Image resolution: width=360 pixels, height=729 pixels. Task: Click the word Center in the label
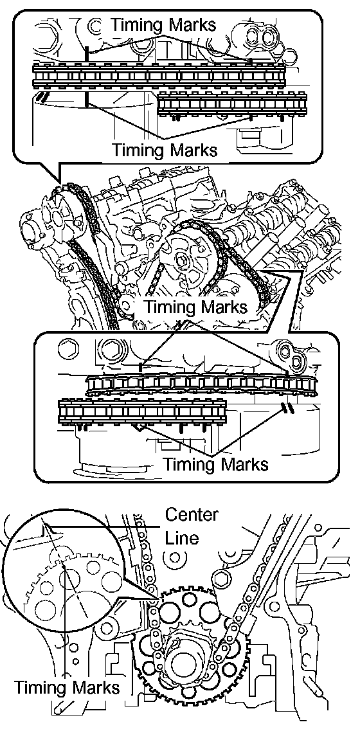coord(192,515)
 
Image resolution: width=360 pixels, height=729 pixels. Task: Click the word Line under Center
coord(182,538)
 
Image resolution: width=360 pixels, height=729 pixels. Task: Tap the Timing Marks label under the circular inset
coord(66,687)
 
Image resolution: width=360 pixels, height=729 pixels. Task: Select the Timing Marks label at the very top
coord(163,24)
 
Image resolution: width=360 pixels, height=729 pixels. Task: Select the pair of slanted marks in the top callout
coord(43,96)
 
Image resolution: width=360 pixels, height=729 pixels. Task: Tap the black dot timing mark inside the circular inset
coord(63,566)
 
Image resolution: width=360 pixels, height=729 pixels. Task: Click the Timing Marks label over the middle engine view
coord(195,307)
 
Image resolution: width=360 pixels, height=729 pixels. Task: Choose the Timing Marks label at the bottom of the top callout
coord(164,150)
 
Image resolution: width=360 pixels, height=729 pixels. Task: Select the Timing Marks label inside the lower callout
coord(216,464)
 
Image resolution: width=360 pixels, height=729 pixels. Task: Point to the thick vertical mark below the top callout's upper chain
coord(87,99)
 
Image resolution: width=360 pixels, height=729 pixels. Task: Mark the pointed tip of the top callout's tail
coord(60,182)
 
